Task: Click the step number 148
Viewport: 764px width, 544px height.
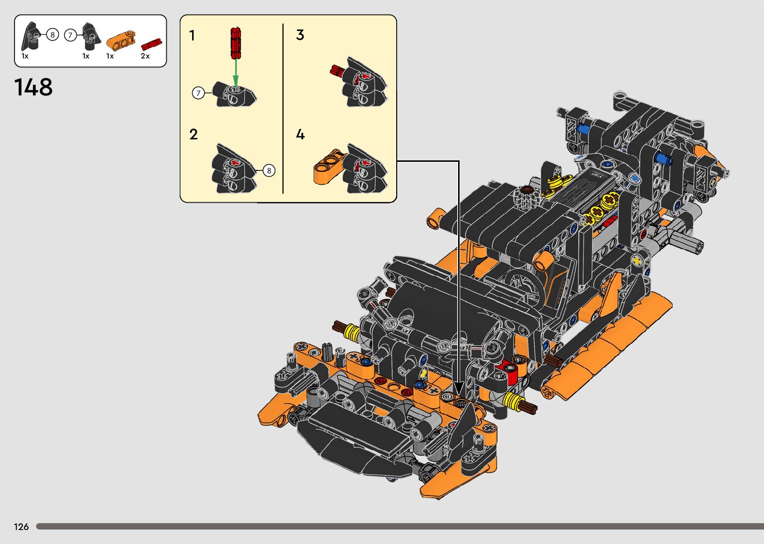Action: click(x=33, y=87)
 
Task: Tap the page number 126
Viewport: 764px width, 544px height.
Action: click(x=21, y=527)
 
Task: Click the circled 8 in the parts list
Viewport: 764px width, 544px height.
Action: click(x=52, y=34)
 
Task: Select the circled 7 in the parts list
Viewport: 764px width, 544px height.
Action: click(x=70, y=35)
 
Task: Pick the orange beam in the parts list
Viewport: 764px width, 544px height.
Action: click(x=120, y=40)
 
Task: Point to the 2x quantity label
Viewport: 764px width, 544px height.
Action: click(x=145, y=56)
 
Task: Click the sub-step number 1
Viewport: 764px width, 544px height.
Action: click(x=192, y=35)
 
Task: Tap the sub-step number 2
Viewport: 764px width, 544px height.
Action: click(x=194, y=134)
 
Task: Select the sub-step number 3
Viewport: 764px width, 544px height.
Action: click(x=300, y=35)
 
